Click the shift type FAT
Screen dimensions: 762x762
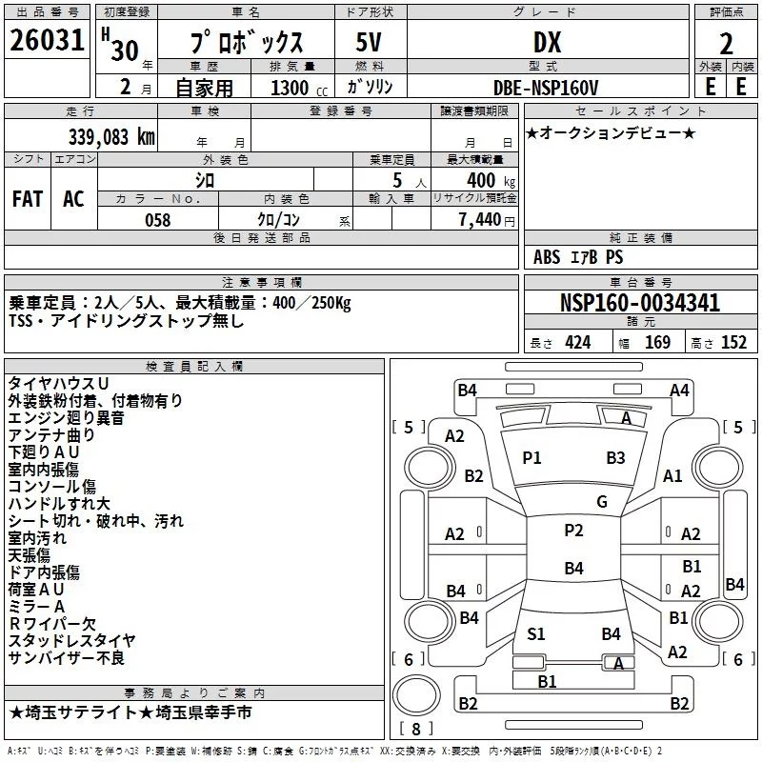pos(27,198)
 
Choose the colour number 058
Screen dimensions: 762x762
pos(157,220)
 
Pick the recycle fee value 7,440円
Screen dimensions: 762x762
pos(486,220)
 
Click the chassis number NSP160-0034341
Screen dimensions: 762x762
pos(640,303)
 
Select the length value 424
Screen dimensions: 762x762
pos(576,343)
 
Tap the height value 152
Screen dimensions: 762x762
pos(733,343)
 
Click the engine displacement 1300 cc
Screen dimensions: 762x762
pos(296,88)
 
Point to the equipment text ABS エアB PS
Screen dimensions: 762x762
pos(578,257)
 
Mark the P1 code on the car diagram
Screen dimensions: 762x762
pos(531,458)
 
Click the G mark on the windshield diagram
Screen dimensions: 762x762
pos(601,501)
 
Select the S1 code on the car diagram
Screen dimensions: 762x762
pos(536,632)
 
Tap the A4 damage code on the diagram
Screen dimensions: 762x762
pos(679,390)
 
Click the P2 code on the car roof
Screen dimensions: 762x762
pos(573,531)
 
